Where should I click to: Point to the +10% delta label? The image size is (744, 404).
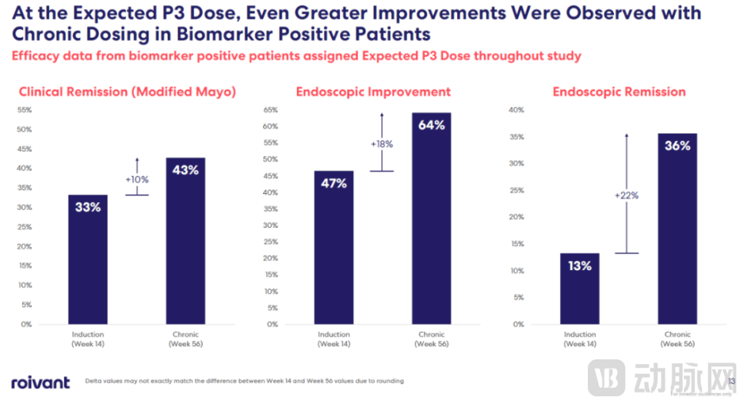[137, 179]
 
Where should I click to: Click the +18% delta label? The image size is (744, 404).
[382, 144]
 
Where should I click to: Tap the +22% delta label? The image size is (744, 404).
[627, 195]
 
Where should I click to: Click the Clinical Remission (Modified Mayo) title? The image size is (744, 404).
[127, 92]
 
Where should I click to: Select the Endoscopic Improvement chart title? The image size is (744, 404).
[373, 92]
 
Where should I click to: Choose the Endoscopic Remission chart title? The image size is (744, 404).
[619, 92]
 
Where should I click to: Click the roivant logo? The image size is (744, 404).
[40, 382]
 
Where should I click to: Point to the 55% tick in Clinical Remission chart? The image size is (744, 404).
[25, 110]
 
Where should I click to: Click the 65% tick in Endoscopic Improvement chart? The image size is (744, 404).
[270, 110]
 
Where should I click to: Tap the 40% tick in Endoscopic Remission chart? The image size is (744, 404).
[516, 110]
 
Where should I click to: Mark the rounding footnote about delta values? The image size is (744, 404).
[244, 381]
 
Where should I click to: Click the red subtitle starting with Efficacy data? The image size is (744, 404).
[296, 56]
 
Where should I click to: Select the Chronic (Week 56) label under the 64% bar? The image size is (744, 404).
[432, 339]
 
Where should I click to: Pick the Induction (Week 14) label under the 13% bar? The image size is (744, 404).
[579, 339]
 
